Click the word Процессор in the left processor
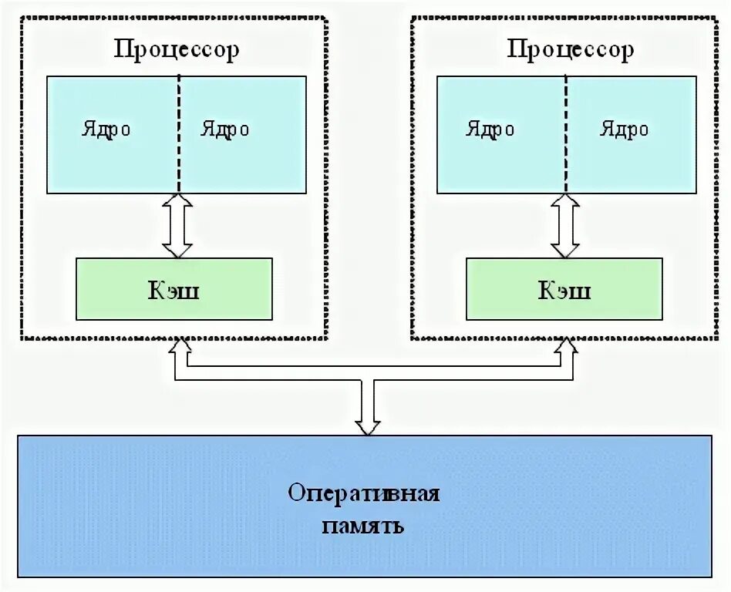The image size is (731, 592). [x=177, y=50]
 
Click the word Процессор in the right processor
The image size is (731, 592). [x=570, y=50]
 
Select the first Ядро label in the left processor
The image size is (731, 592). [x=106, y=129]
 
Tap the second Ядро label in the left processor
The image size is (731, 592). [x=225, y=129]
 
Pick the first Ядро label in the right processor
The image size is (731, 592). [x=490, y=129]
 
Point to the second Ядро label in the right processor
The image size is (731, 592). [x=625, y=129]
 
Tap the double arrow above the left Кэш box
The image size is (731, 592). [x=177, y=225]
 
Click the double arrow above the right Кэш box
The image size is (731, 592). [x=565, y=225]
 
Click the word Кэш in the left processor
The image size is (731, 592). [x=173, y=290]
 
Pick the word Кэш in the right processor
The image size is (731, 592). [x=564, y=290]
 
